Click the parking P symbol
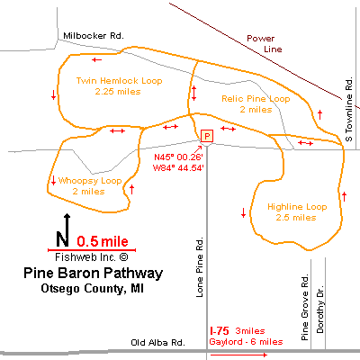(x=207, y=136)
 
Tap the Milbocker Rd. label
(x=94, y=36)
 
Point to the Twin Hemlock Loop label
(x=119, y=81)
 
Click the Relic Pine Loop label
(x=256, y=99)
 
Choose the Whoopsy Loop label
(x=90, y=181)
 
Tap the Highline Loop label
(x=297, y=207)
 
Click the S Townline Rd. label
(x=348, y=109)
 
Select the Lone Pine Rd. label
(x=200, y=267)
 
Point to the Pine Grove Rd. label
(x=305, y=307)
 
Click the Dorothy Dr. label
(x=320, y=309)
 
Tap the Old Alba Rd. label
(x=157, y=342)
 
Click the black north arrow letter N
(x=62, y=238)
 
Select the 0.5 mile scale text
(x=103, y=241)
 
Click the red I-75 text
(x=220, y=331)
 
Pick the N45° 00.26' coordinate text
(x=178, y=157)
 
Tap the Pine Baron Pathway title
(x=93, y=274)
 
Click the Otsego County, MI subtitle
(x=92, y=288)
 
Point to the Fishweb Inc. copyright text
(x=92, y=257)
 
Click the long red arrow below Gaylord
(x=238, y=355)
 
